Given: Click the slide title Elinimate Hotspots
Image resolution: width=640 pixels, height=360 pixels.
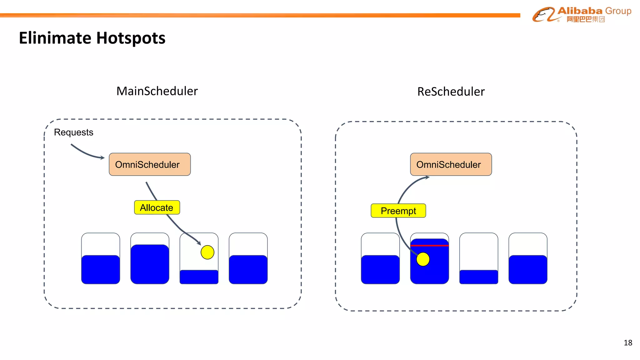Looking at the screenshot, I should (92, 38).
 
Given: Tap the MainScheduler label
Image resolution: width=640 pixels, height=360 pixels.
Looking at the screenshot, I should (157, 91).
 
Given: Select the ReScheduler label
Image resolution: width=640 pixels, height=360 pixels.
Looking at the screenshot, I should (451, 92).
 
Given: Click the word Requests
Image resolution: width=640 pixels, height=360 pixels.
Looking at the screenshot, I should (73, 132).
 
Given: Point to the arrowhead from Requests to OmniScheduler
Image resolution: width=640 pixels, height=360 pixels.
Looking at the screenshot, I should (102, 158).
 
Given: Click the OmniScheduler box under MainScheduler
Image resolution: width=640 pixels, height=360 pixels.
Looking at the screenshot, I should (150, 164).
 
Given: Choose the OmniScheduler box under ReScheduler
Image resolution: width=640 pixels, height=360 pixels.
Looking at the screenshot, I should (451, 164).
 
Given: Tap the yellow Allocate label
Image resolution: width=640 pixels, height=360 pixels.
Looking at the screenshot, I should (157, 207).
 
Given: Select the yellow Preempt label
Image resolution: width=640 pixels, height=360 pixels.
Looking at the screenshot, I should (398, 211).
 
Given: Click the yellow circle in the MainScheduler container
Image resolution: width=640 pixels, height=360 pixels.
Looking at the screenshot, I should (207, 252).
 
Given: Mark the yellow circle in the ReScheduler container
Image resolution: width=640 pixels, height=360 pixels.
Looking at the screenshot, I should (423, 259).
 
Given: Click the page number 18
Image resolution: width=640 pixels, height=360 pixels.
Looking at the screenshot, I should (628, 343).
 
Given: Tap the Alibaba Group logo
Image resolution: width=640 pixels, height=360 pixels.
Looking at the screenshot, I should (582, 15).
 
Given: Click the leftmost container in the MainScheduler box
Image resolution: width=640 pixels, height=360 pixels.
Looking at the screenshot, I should (101, 259).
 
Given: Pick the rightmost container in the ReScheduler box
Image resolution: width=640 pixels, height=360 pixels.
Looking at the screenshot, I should (528, 259).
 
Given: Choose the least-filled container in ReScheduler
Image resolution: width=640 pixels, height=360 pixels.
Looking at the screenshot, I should (478, 259).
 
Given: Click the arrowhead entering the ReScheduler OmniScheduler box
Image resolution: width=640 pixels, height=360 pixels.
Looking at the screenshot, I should (427, 177).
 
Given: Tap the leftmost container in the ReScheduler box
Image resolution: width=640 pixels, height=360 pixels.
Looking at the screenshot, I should (380, 259).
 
